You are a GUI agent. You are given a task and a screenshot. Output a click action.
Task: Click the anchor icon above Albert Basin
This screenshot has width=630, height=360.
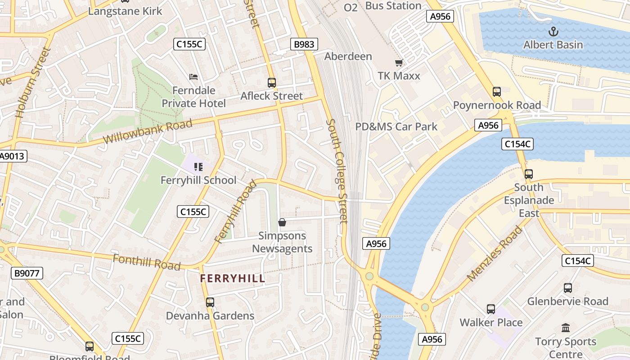pos(553,31)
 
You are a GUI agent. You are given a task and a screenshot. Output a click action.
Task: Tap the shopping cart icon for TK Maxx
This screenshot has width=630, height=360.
pos(398,63)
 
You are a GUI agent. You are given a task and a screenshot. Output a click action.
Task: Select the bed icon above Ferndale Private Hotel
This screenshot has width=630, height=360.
pos(193,77)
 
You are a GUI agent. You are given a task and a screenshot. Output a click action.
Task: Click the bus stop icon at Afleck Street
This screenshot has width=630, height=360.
pos(271,83)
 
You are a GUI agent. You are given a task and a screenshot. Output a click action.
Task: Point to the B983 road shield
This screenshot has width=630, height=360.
pos(304,44)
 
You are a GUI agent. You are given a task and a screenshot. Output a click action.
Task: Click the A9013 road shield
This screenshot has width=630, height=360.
pos(13,156)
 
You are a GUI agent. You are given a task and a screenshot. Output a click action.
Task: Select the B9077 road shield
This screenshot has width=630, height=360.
pos(27,273)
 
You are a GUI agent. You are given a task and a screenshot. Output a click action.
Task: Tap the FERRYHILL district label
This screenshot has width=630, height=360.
pos(232,279)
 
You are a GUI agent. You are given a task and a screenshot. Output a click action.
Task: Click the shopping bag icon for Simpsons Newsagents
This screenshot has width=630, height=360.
pos(282,222)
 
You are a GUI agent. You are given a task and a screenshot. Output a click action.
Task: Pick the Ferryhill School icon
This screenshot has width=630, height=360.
pos(198,167)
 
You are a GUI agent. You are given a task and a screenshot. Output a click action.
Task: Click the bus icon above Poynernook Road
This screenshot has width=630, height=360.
pos(497,92)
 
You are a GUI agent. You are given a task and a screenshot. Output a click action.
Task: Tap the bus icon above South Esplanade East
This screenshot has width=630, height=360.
pos(529,174)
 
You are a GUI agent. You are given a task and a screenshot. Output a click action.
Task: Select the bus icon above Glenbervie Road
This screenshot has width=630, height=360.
pos(568,288)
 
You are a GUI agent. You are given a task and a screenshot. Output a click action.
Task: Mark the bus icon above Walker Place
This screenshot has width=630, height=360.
pos(491,309)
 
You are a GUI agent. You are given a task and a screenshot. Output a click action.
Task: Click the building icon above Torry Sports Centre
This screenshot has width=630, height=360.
pos(566,328)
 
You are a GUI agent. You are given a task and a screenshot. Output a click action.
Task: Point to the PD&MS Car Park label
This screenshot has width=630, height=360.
pos(396,127)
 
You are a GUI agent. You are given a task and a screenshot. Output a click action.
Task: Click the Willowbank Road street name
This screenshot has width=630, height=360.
pos(148,131)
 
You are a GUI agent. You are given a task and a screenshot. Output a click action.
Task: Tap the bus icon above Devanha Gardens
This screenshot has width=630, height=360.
pos(210,302)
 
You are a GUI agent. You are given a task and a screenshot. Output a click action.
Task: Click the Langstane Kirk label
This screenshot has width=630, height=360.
pos(125,11)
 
